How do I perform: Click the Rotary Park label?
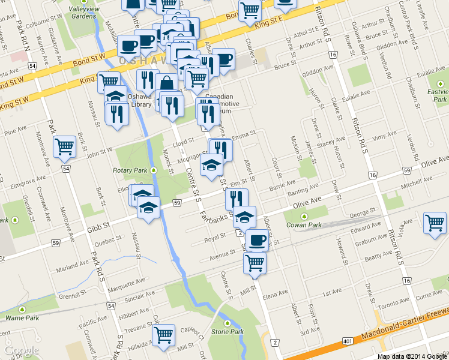click(x=130, y=170)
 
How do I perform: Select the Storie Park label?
click(x=228, y=331)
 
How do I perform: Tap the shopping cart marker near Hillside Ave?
click(x=163, y=335)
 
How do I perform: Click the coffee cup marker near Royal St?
click(x=258, y=240)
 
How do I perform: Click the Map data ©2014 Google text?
click(x=412, y=356)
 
